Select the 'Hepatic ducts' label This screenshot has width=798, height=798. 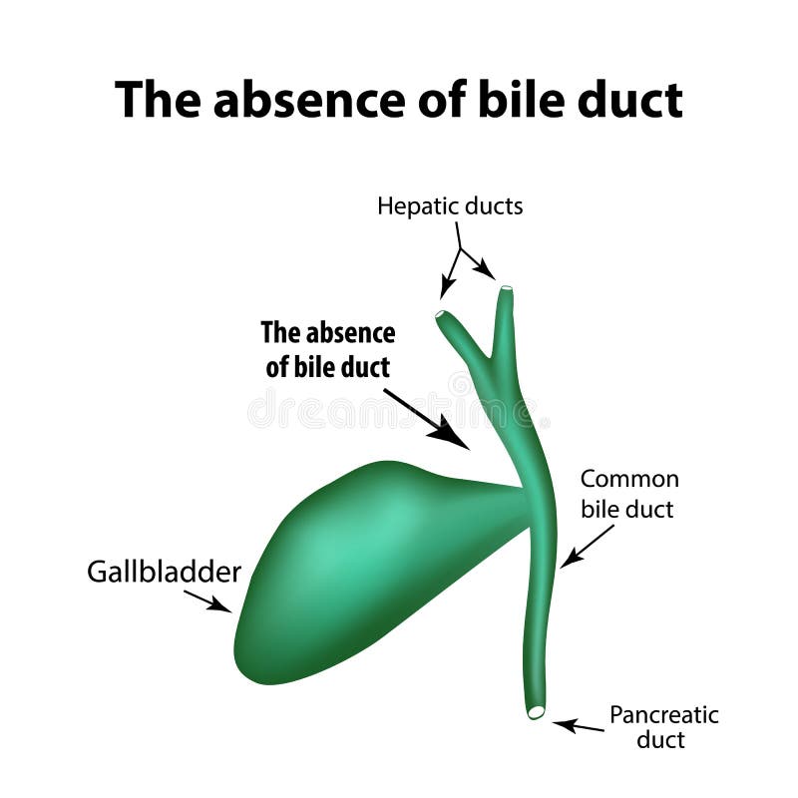point(450,206)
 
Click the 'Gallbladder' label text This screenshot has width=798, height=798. point(165,572)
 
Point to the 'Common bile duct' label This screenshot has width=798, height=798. point(628,494)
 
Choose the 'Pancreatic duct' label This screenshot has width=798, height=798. point(663,727)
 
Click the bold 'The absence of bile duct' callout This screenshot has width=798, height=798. point(327,349)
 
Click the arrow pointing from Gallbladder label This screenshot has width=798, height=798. point(207,599)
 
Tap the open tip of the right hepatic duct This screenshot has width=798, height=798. point(507,289)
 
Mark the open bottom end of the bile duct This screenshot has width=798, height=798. point(537,712)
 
